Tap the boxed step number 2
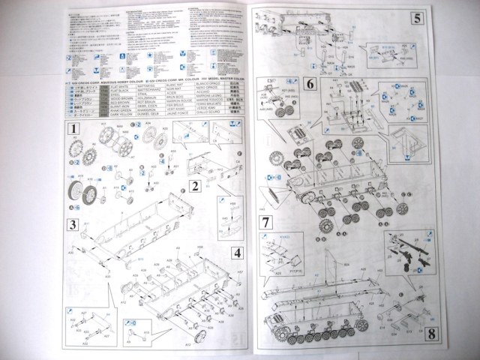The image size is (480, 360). [193, 185]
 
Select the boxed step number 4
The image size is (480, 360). [235, 252]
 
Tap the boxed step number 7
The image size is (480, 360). [266, 223]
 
